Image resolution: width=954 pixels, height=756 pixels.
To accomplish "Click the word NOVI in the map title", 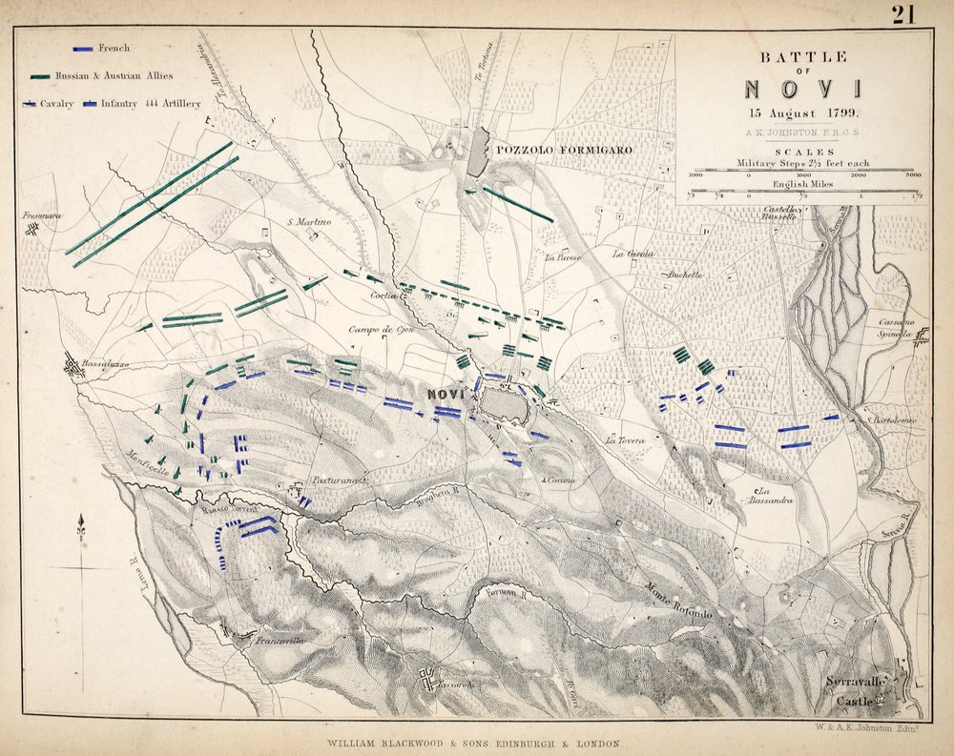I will click(x=802, y=90).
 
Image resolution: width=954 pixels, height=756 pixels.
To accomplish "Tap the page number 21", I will click(x=904, y=13).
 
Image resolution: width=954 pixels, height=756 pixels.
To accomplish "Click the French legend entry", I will click(x=114, y=47).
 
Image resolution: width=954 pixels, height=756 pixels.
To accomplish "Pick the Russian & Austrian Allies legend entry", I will click(x=134, y=75).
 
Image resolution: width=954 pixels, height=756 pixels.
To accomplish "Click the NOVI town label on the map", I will click(x=446, y=393).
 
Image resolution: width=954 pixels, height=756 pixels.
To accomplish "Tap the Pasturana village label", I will click(x=340, y=481).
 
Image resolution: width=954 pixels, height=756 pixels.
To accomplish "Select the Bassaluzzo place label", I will click(x=105, y=364).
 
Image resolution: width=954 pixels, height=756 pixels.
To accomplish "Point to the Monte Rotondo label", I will click(x=678, y=601).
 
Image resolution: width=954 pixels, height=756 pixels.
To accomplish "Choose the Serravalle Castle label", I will click(x=858, y=691).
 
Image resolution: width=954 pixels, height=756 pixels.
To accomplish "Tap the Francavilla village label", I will click(x=279, y=642).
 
